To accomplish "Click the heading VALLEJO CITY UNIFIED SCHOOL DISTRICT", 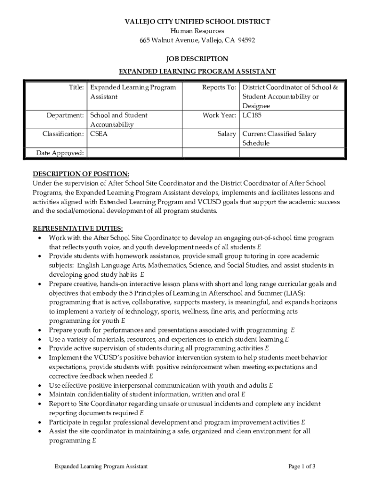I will click(x=197, y=22).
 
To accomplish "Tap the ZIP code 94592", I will click(x=245, y=40).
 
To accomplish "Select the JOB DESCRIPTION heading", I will click(x=197, y=59).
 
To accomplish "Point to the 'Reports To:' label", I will click(x=219, y=88).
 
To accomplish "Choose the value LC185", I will click(x=252, y=115).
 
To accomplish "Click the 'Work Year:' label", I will click(x=219, y=115).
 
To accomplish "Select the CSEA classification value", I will click(x=99, y=134).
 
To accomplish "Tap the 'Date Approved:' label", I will click(x=61, y=153).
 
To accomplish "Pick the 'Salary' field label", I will click(x=226, y=134).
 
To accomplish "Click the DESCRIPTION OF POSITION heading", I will click(x=81, y=174).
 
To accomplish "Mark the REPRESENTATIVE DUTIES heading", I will click(x=77, y=228).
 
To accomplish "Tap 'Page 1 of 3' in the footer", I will click(x=302, y=467).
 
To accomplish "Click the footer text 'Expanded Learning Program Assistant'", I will click(x=100, y=467).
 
